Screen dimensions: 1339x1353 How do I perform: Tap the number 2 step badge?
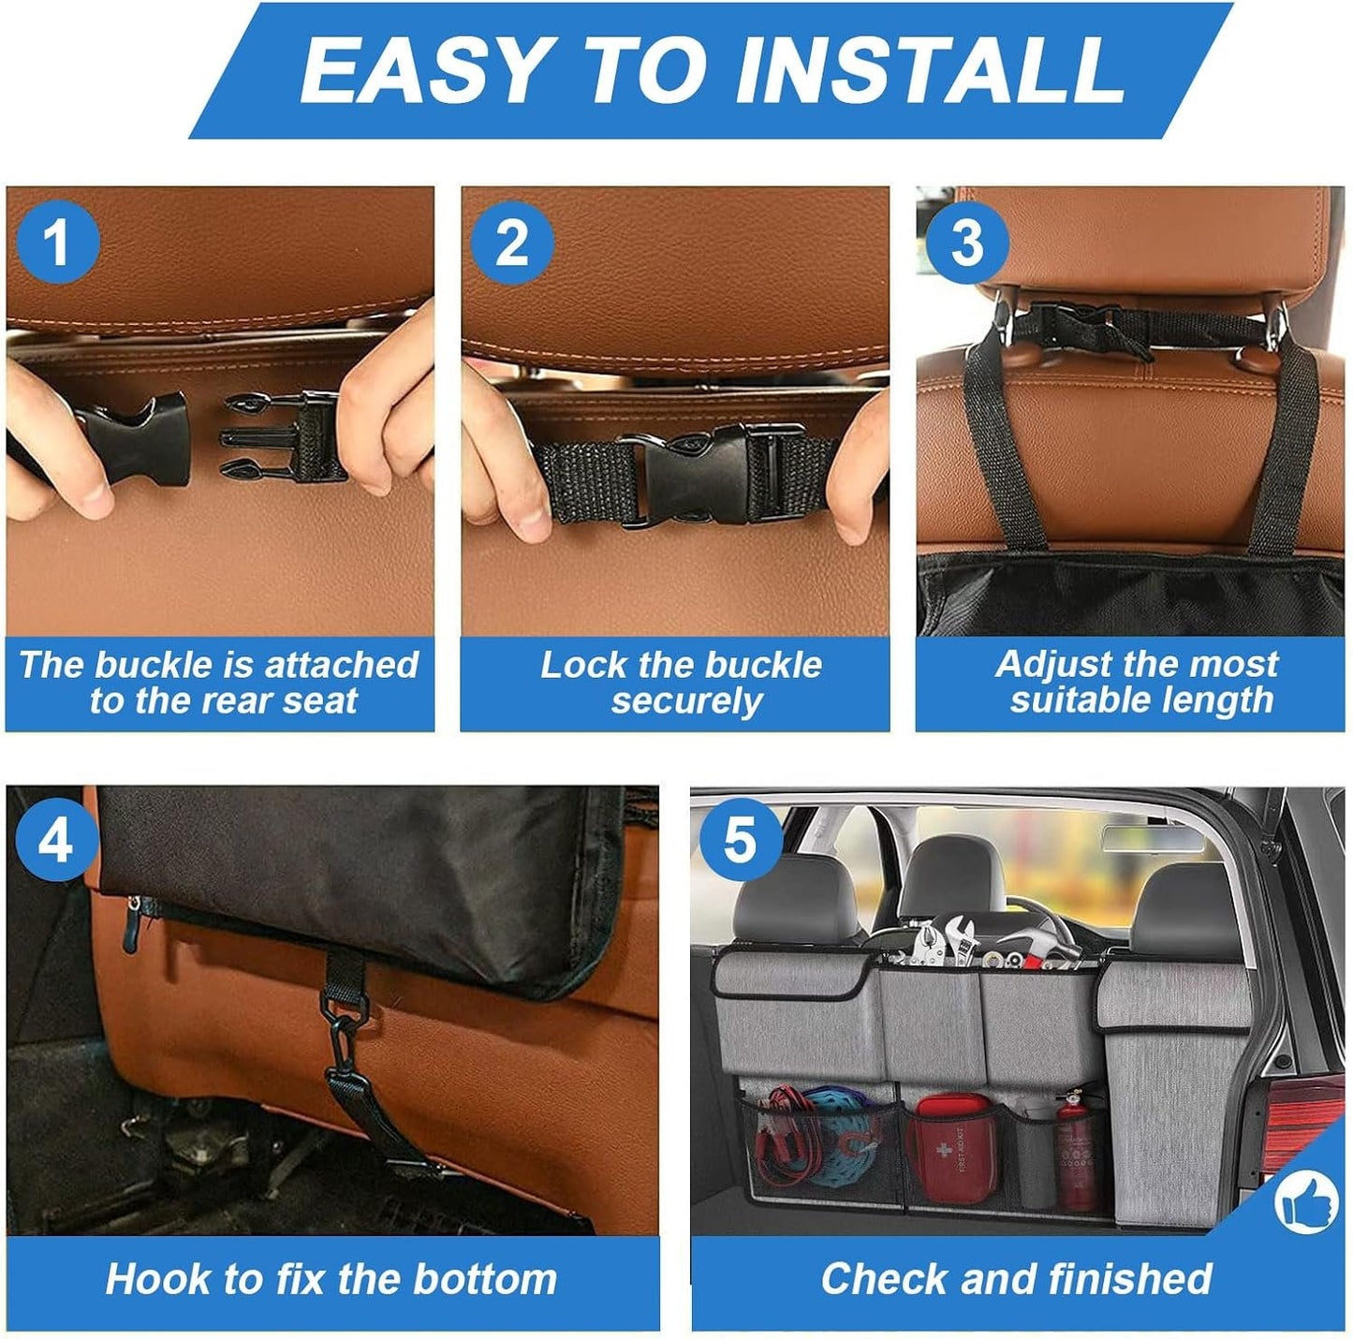click(512, 242)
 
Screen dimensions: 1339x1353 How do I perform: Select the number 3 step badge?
click(966, 242)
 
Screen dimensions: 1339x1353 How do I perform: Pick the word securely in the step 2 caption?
click(686, 701)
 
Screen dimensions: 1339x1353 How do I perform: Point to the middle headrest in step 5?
click(950, 875)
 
